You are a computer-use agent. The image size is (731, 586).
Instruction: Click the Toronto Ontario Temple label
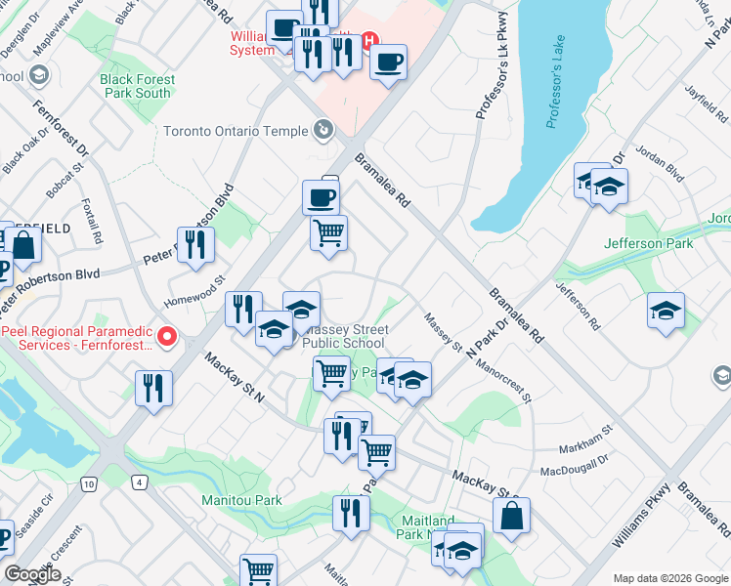[235, 131]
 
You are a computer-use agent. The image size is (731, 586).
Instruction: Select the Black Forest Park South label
[137, 86]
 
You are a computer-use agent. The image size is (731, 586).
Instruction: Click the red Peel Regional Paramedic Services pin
[167, 338]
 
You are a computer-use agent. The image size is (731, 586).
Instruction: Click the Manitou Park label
[241, 500]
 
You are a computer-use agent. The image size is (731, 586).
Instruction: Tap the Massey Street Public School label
[343, 337]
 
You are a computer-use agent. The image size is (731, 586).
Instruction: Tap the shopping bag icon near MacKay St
[511, 515]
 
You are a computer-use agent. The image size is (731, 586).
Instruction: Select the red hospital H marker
[369, 41]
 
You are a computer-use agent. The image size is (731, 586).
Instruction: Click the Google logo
[32, 574]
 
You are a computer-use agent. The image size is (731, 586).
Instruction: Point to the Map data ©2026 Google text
[669, 578]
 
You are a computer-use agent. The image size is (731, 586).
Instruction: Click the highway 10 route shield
[90, 483]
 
